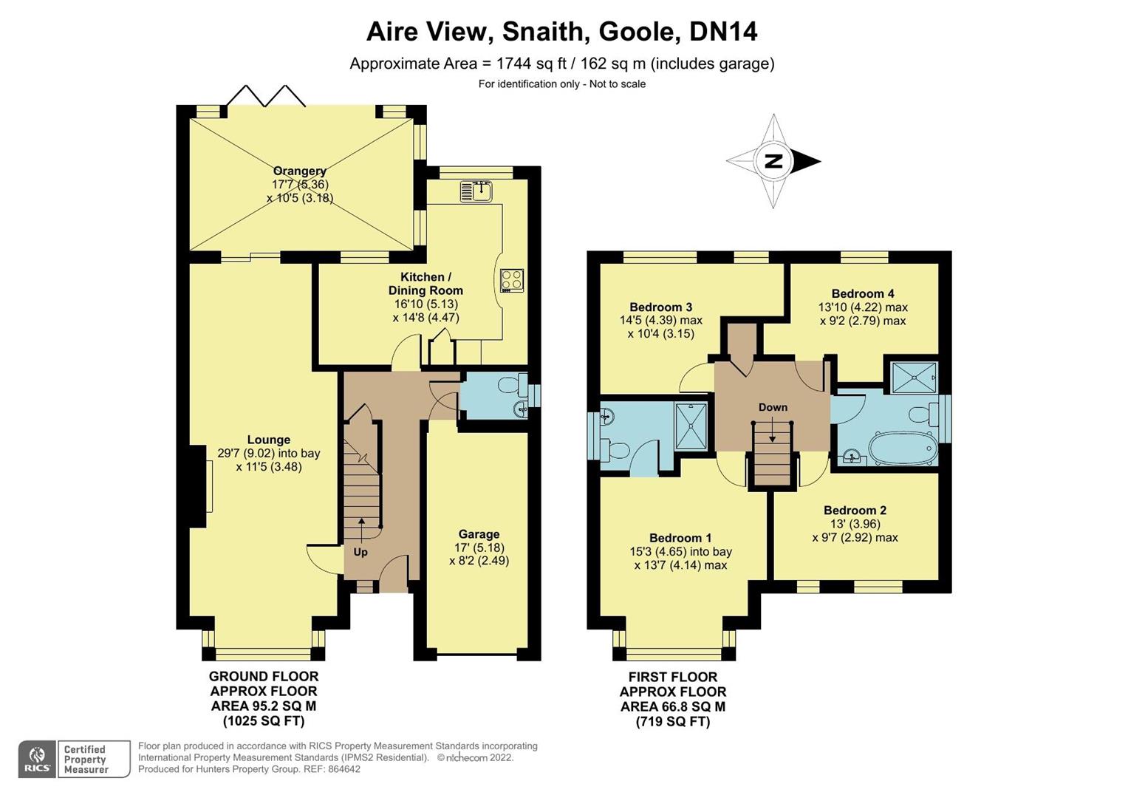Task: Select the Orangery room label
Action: point(299,171)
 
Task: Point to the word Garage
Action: point(479,534)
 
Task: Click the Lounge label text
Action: point(268,440)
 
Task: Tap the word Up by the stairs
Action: point(360,552)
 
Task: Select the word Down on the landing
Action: point(773,407)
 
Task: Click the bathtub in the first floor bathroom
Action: point(901,449)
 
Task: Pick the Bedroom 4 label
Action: point(862,293)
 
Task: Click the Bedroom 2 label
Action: point(855,510)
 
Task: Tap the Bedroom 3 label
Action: point(660,307)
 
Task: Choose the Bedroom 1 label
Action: point(680,538)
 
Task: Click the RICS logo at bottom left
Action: point(37,760)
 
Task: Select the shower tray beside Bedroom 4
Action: point(914,378)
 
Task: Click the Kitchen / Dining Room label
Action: point(425,284)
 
